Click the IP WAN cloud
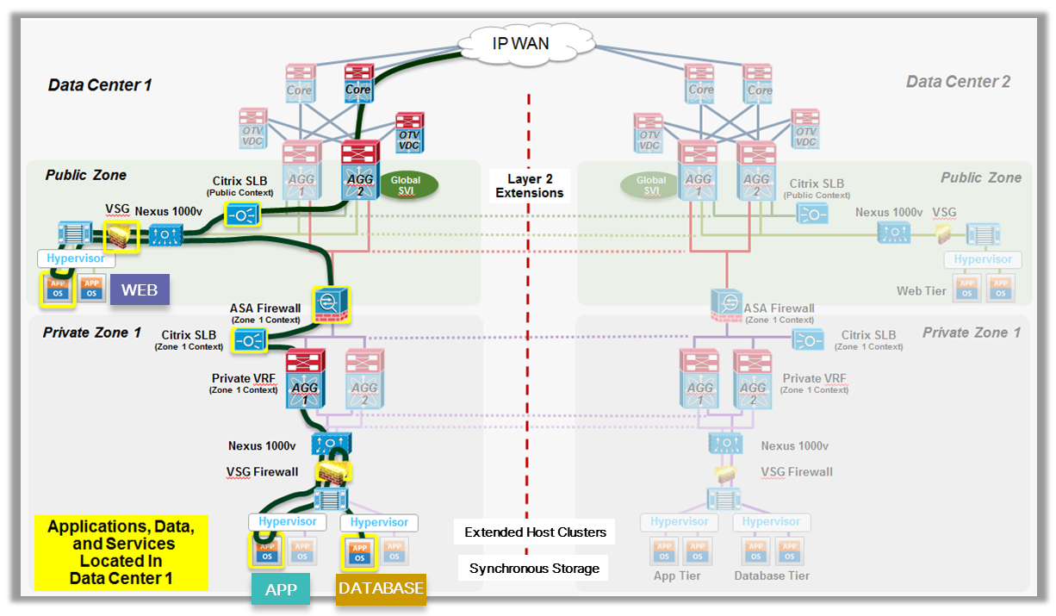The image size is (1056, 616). click(x=519, y=43)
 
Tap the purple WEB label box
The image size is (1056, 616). click(x=140, y=289)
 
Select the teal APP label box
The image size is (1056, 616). click(x=281, y=589)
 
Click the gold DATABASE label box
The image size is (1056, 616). click(x=381, y=588)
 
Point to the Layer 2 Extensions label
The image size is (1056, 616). click(x=529, y=185)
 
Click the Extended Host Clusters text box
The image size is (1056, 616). click(x=535, y=532)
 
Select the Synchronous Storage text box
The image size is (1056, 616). click(x=534, y=568)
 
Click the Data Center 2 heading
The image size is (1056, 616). click(x=958, y=82)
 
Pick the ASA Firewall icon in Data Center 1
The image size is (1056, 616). click(x=328, y=303)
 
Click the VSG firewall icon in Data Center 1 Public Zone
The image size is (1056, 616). click(x=121, y=235)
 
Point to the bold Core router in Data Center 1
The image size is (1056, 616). click(x=357, y=84)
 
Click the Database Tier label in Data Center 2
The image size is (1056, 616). click(x=772, y=575)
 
